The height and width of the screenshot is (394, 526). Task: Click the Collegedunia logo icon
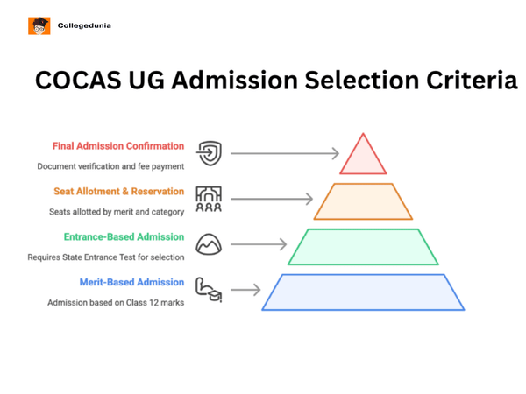[x=39, y=26]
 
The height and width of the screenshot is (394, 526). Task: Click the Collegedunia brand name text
[x=84, y=26]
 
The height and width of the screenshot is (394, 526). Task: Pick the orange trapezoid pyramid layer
[x=363, y=201]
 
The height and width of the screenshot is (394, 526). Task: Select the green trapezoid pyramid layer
[x=363, y=247]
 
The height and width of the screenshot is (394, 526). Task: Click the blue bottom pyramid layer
[x=363, y=292]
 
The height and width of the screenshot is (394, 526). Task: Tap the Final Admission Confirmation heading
[x=118, y=146]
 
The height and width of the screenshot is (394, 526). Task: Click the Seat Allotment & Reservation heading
[x=118, y=192]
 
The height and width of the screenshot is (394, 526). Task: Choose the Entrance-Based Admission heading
[x=124, y=237]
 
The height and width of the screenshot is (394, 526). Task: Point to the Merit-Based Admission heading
[x=131, y=283]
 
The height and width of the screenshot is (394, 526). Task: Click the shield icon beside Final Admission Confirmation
[x=209, y=154]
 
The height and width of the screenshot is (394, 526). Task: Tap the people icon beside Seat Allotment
[x=209, y=200]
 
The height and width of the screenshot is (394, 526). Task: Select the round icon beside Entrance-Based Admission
[x=209, y=245]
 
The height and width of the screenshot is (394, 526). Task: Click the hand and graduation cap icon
[x=209, y=291]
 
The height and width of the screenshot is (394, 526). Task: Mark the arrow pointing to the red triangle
[x=285, y=154]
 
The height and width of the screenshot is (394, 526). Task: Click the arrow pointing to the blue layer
[x=245, y=290]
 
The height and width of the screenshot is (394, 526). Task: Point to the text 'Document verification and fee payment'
[x=110, y=166]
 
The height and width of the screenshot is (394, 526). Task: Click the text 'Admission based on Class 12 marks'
[x=116, y=303]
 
